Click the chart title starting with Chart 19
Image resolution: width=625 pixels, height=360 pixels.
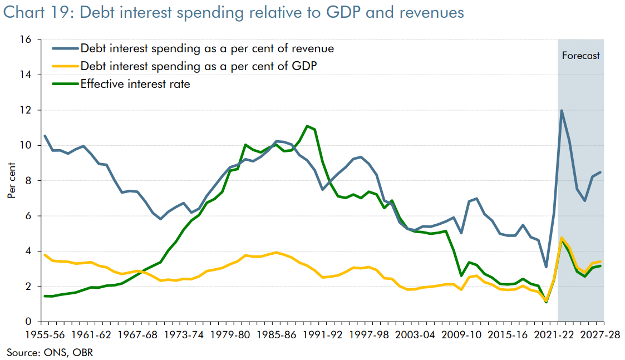(234, 12)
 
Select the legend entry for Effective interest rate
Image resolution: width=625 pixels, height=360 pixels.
(135, 85)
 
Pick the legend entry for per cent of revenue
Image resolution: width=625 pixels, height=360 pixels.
(207, 48)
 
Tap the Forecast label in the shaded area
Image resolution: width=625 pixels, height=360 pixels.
(580, 56)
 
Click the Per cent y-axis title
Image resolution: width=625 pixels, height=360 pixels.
(12, 181)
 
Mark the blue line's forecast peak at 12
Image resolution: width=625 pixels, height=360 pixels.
(562, 110)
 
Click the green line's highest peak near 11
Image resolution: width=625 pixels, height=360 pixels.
(307, 126)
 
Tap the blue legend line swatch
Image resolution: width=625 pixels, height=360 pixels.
(65, 48)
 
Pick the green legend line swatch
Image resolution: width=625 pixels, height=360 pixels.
(65, 85)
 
